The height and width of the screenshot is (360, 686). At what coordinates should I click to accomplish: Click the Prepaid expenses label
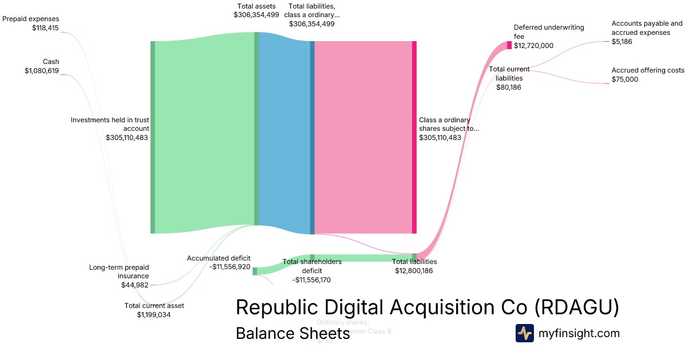(31, 19)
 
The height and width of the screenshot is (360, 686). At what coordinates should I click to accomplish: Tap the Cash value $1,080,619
(42, 71)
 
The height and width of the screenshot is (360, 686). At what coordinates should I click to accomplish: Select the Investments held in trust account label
(110, 124)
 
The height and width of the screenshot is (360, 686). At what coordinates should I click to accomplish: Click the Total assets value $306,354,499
(256, 15)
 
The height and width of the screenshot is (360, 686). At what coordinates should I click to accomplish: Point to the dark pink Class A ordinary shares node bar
(414, 137)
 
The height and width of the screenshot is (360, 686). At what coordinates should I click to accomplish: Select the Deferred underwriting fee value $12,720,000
(533, 46)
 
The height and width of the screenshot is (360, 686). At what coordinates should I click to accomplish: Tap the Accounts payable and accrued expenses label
(647, 28)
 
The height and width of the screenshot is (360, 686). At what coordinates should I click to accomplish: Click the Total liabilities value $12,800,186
(414, 271)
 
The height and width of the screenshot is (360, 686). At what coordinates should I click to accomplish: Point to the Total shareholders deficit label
(312, 266)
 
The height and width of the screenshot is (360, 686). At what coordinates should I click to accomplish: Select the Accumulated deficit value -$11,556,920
(230, 267)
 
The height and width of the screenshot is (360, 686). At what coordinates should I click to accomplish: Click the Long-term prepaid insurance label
(119, 271)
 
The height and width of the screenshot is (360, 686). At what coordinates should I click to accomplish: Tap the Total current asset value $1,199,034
(154, 314)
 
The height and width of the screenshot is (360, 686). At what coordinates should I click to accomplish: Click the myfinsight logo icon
(524, 333)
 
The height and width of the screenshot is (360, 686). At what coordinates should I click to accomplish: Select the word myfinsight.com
(579, 333)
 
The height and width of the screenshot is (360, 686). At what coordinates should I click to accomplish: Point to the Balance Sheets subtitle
(293, 333)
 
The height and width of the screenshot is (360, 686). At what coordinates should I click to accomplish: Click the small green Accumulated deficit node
(255, 271)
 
